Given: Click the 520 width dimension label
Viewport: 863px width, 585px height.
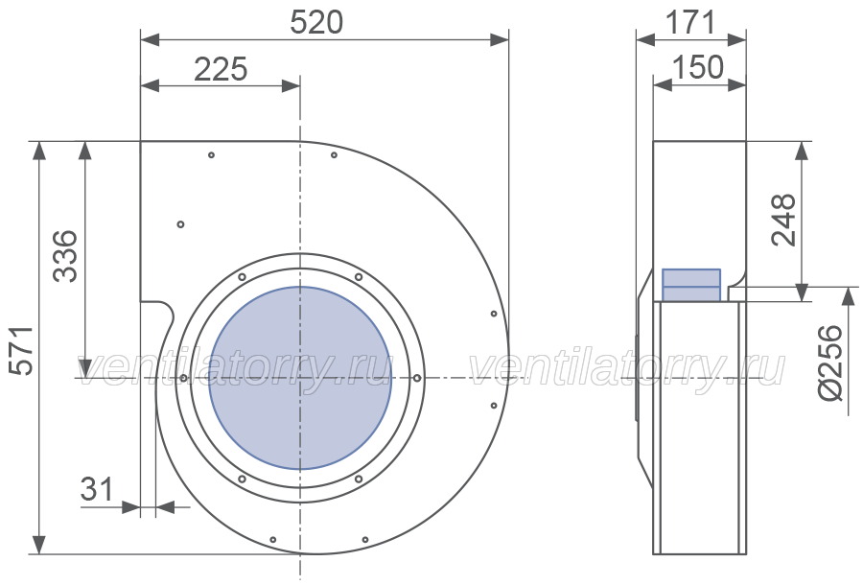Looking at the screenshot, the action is pos(316,23).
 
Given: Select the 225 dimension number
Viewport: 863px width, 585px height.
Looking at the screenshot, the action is pos(221,70).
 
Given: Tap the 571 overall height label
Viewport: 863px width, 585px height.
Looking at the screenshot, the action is pos(23,351).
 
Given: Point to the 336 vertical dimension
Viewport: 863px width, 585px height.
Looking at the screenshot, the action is pos(65,256).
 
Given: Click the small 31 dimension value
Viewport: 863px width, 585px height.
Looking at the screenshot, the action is pos(97,489).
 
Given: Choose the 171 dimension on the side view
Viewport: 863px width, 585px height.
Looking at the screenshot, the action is pos(690,23).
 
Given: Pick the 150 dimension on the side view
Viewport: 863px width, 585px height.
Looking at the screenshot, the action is pos(698,67).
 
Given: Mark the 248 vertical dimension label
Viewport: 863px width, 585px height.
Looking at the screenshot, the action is pos(783,220).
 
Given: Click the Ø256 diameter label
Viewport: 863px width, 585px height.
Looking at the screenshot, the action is pos(830,363).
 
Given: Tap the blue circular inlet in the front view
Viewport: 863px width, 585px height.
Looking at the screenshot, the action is pos(300,378).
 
